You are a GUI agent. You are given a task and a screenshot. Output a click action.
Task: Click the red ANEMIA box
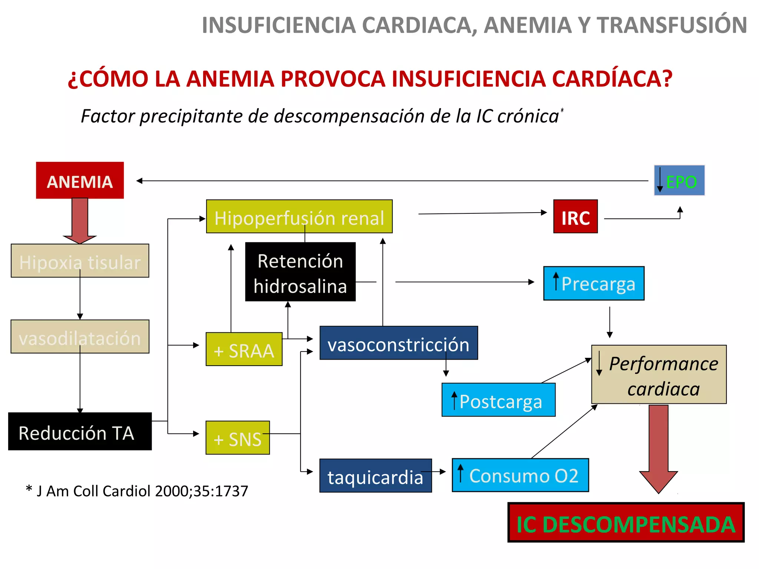(80, 180)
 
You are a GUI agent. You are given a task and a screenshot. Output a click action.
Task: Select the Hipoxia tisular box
(80, 261)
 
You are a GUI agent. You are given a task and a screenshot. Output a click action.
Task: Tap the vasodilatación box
(80, 337)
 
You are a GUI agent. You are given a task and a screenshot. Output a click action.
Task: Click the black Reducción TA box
(80, 432)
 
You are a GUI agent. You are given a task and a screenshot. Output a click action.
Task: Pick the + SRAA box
(244, 349)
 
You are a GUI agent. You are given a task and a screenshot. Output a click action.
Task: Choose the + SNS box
(238, 438)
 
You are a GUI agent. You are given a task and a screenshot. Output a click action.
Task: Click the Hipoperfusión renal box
(299, 217)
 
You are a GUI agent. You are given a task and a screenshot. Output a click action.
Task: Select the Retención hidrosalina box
(300, 272)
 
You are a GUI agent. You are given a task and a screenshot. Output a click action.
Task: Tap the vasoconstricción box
(398, 343)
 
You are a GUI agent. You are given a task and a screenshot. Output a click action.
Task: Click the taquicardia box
(375, 476)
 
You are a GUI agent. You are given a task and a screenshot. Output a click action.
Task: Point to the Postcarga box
(498, 400)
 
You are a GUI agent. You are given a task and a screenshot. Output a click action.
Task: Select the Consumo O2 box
(520, 475)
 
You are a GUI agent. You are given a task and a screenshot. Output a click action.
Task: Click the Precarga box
(594, 283)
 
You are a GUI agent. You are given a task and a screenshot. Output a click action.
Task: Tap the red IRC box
(575, 217)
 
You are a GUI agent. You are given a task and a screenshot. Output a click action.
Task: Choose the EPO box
(679, 181)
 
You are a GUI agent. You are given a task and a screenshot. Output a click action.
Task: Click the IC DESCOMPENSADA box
(626, 523)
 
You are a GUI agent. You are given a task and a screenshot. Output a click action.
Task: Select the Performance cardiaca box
(659, 375)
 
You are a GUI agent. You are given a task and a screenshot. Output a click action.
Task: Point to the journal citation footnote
(137, 491)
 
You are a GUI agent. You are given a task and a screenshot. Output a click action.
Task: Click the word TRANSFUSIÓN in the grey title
(671, 25)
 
